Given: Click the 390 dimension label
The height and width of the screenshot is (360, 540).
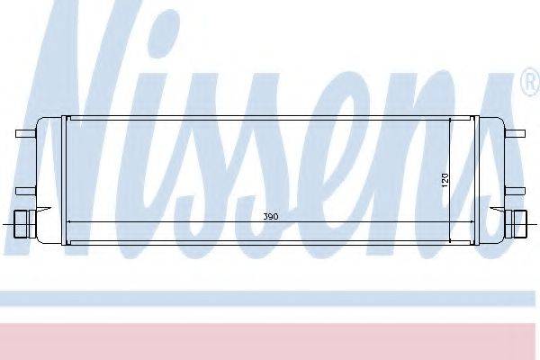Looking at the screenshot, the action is [271, 217].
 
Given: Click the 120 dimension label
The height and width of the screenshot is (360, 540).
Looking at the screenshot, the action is [445, 180].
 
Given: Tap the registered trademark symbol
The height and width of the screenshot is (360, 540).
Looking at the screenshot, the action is [531, 82].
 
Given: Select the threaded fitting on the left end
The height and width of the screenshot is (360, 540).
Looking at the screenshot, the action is [24, 224].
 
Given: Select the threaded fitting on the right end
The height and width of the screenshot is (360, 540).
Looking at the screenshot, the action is [516, 224].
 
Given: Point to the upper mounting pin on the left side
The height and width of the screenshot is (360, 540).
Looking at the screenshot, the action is [26, 134].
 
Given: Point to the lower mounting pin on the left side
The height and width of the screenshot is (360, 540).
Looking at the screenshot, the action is [26, 191].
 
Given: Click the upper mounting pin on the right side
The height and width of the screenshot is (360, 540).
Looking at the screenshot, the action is [515, 133].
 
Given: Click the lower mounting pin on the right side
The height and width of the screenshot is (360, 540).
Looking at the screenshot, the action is [515, 191].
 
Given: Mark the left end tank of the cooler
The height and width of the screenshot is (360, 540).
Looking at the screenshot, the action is [49, 180].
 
